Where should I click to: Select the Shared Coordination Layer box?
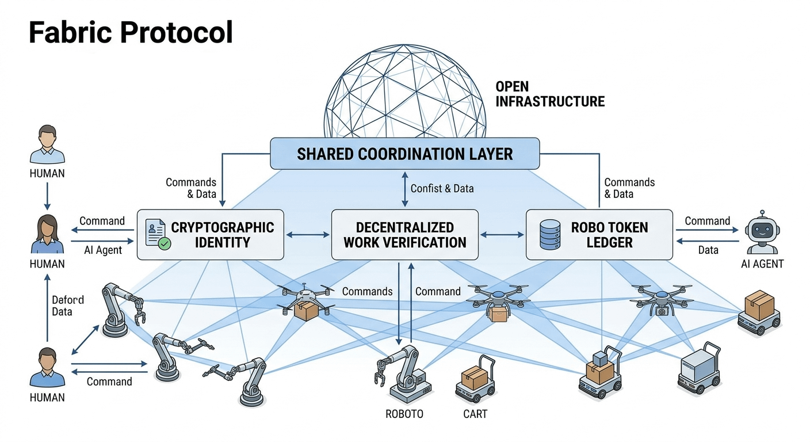click(x=404, y=154)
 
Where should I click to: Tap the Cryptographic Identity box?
click(x=211, y=234)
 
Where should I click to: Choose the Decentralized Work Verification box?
click(x=404, y=234)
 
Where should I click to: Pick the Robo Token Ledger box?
click(x=599, y=234)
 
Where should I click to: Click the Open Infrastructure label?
click(x=549, y=94)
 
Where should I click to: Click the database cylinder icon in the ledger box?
click(x=551, y=234)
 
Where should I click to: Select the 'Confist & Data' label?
click(x=441, y=188)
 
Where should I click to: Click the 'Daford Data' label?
click(x=68, y=306)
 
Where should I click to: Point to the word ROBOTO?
click(x=404, y=414)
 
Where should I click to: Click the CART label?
click(x=475, y=414)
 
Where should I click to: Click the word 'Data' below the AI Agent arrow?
click(x=708, y=250)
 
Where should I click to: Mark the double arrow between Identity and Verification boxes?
click(x=308, y=234)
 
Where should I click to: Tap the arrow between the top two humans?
click(x=47, y=197)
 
